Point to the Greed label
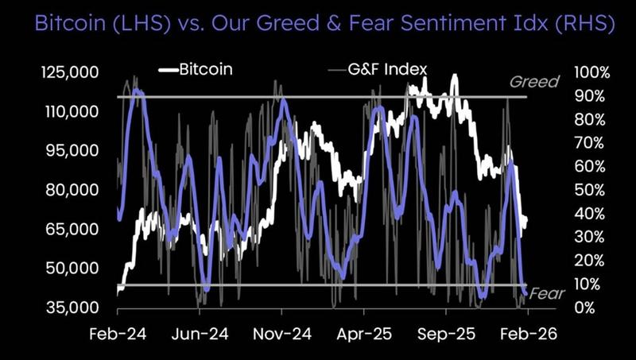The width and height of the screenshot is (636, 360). (x=534, y=82)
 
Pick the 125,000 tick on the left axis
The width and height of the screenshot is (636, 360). (x=70, y=72)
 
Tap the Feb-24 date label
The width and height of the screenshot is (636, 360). (x=117, y=335)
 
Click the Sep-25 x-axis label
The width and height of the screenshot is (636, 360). (x=448, y=335)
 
